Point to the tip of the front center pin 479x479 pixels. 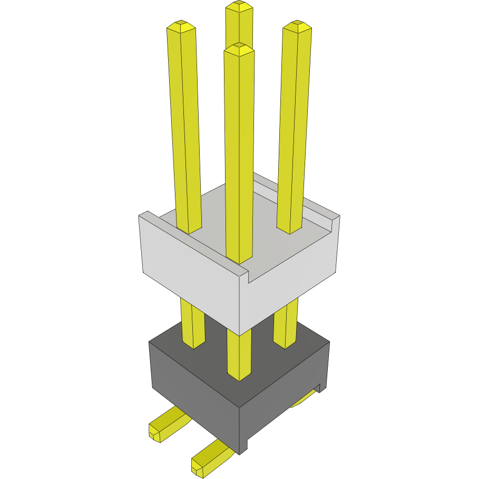click(x=239, y=49)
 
